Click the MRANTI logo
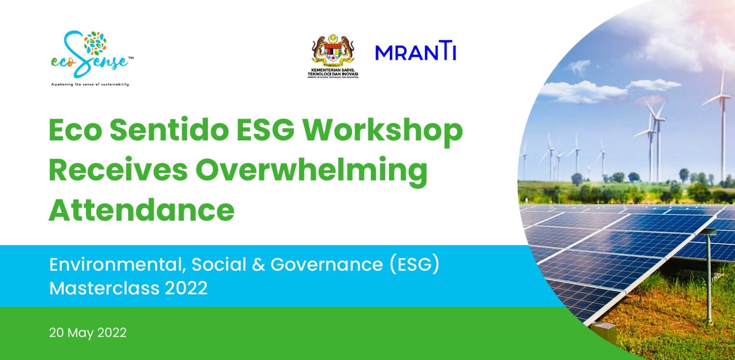point(415,52)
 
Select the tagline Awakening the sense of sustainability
point(90,84)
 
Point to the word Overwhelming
point(312,171)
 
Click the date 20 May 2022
point(88,332)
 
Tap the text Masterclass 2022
point(128,288)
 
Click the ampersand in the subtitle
point(258,265)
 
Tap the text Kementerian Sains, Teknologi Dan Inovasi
point(333,73)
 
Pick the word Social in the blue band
point(219,265)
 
